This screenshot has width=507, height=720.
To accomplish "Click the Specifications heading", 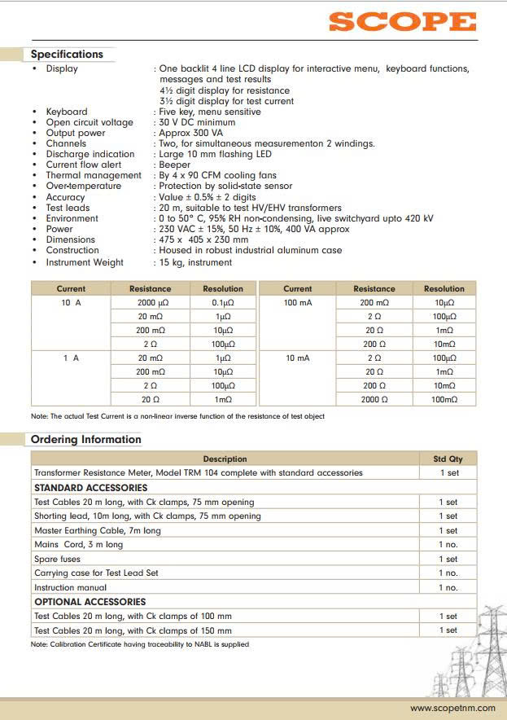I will coord(67,55).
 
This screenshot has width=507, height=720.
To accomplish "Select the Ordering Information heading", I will coord(85,440).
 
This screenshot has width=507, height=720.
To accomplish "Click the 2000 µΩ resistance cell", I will coord(151,303).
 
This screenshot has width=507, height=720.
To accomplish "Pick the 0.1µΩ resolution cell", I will coord(223,303).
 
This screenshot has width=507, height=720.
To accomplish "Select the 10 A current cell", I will coord(71,303).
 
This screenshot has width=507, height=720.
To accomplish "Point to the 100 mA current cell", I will coord(297,303).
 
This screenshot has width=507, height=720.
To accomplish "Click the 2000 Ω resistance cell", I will coord(374,400).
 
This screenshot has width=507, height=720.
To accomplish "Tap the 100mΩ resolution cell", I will coord(444,400).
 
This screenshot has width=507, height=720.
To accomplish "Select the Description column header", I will coord(225,459).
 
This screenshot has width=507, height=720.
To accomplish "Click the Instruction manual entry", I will coord(70,588).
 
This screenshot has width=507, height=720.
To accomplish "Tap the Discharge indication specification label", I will coord(90,154).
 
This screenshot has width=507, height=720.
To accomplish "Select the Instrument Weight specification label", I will coord(85,262).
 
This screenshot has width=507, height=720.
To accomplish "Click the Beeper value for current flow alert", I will coord(174,165).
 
